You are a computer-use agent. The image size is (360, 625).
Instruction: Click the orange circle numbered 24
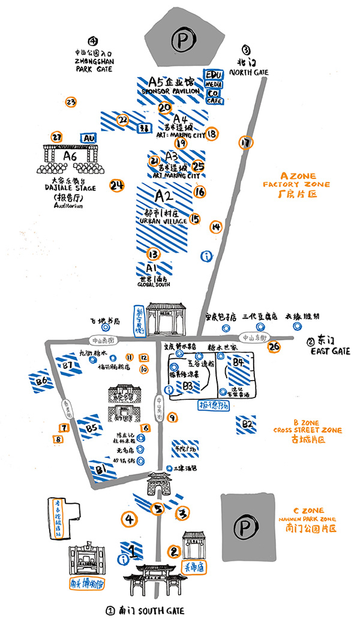pos(116,185)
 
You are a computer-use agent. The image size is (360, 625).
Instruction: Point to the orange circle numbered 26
pos(275,346)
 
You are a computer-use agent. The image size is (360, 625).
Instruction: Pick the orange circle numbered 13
pos(153,254)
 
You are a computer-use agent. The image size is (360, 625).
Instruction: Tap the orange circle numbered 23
pos(71,102)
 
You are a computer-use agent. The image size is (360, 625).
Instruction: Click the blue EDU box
pos(214,73)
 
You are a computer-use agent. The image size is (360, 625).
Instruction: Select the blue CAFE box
pos(214,101)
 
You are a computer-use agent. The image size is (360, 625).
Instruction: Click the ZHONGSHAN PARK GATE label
pos(95,64)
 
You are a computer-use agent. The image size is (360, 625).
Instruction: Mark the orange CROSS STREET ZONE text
pos(308,430)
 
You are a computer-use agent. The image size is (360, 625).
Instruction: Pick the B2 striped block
pos(246,424)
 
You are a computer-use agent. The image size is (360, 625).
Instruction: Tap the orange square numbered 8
pos(58,439)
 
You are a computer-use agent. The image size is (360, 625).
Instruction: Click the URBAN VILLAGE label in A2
pos(160,222)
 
